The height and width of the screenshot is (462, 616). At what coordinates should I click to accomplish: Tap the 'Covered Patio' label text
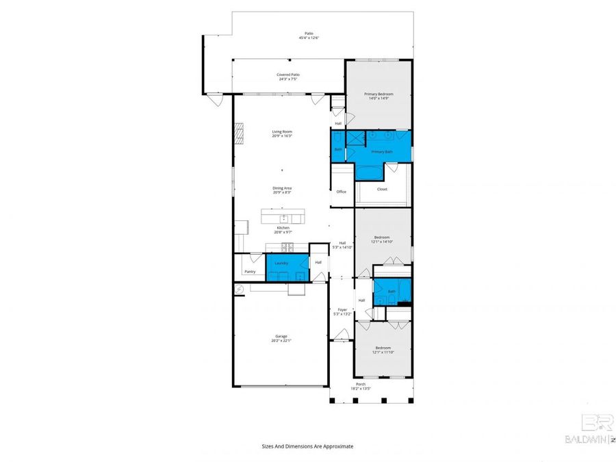[x=288, y=75]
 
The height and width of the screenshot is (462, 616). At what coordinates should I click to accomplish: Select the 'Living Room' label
[x=282, y=131]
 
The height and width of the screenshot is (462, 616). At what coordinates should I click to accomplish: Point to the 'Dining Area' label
[x=282, y=188]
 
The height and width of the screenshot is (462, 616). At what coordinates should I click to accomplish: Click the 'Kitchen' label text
[x=283, y=228]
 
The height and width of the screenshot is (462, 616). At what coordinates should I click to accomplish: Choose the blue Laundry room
[x=287, y=267]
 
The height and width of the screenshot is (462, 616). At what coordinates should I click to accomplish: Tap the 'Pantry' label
[x=250, y=272]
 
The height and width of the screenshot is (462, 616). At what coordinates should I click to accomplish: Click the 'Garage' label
[x=281, y=336]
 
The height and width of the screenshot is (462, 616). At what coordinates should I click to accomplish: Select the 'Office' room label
[x=341, y=192]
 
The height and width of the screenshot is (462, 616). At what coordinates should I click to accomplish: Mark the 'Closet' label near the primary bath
[x=382, y=189]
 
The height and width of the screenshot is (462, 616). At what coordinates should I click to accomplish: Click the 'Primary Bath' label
[x=382, y=152]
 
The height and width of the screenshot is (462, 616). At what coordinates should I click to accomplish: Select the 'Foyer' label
[x=342, y=310]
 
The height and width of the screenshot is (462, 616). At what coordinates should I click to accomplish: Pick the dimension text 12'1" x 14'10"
[x=383, y=242]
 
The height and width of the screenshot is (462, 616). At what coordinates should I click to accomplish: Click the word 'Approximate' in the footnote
[x=338, y=446]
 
